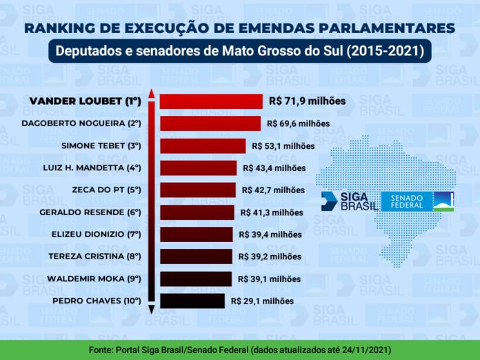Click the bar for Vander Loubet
pyautogui.click(x=211, y=101)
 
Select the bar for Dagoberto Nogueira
pyautogui.click(x=210, y=123)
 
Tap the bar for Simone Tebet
pyautogui.click(x=203, y=146)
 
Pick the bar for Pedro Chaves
pyautogui.click(x=192, y=301)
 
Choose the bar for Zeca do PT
pyautogui.click(x=198, y=190)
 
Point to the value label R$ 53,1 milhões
pyautogui.click(x=283, y=146)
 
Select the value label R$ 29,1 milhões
pyautogui.click(x=262, y=301)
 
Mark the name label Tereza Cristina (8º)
pyautogui.click(x=94, y=257)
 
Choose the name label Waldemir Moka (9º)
pyautogui.click(x=94, y=279)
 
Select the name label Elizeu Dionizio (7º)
pyautogui.click(x=96, y=234)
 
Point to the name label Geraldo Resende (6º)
pyautogui.click(x=90, y=212)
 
